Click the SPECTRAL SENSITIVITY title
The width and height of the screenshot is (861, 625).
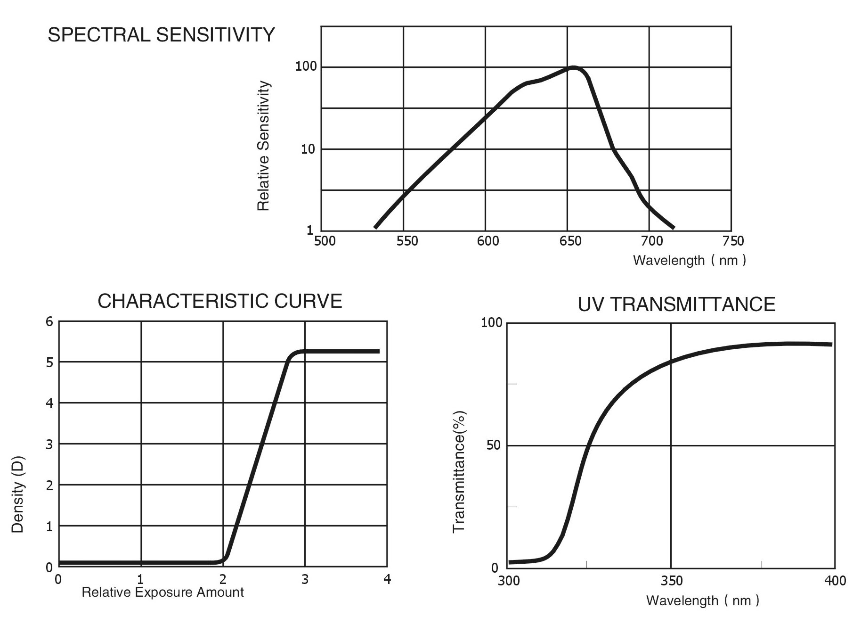[x=161, y=35]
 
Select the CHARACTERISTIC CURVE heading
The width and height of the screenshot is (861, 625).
[x=219, y=301]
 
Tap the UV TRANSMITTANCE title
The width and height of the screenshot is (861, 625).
[x=676, y=304]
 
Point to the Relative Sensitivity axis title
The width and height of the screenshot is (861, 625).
[x=263, y=146]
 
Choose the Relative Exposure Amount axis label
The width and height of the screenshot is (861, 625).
[x=162, y=592]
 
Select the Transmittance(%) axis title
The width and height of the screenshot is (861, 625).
[x=459, y=471]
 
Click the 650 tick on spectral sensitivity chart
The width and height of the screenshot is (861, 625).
[x=570, y=241]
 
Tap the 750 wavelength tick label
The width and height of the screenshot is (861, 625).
[x=733, y=241]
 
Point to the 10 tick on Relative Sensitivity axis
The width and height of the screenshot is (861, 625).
[x=308, y=149]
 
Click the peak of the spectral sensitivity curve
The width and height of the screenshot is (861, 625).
[x=573, y=68]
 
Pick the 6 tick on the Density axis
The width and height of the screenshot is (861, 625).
[x=49, y=322]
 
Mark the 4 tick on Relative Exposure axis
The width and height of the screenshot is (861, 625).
[x=387, y=579]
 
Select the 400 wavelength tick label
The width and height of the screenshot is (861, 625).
[x=835, y=581]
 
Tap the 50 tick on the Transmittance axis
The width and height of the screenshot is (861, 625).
[x=493, y=445]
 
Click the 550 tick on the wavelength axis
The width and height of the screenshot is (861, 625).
[x=407, y=241]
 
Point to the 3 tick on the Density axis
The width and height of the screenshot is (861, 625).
[x=49, y=444]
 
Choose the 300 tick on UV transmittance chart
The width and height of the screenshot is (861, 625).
[x=509, y=581]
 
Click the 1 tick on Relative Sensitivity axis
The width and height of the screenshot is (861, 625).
[x=310, y=230]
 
